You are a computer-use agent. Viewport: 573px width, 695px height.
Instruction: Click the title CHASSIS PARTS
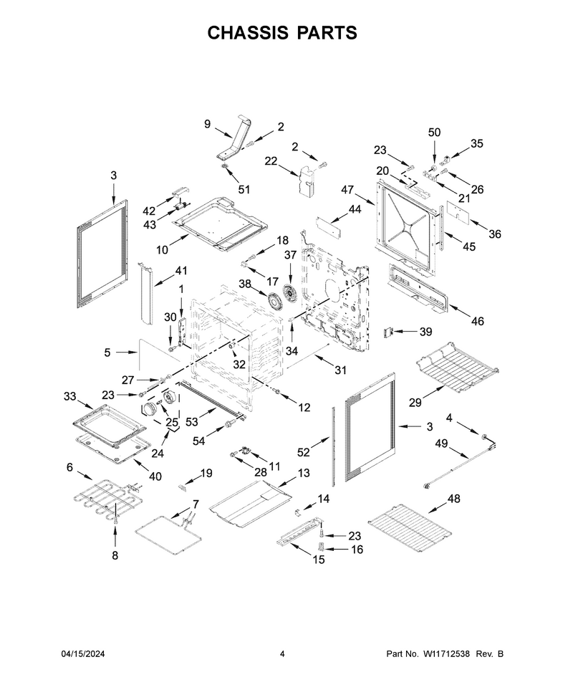click(282, 33)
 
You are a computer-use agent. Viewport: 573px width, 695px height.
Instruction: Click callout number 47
click(347, 190)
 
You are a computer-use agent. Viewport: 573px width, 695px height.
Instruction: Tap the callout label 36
click(494, 234)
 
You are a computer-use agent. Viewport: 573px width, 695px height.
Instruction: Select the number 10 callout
click(162, 250)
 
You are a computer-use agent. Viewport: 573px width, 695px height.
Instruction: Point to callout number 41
click(180, 270)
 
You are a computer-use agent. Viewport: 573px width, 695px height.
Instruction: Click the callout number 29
click(415, 403)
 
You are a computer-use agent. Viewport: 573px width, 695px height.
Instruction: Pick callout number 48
click(454, 499)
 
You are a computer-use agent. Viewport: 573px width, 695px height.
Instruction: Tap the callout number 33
click(70, 396)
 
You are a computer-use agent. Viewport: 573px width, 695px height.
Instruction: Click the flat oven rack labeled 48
click(410, 527)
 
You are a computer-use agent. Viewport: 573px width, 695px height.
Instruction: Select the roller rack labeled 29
click(458, 367)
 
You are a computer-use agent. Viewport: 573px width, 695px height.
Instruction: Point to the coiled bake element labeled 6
click(107, 499)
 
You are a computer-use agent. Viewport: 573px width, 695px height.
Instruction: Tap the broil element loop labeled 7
click(168, 533)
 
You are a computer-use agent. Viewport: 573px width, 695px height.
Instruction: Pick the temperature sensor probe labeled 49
click(461, 461)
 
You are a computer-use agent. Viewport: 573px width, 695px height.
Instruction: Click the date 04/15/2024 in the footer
click(83, 653)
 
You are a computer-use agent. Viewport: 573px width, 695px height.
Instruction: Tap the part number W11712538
click(446, 653)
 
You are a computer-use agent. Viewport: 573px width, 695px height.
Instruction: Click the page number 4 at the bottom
click(282, 653)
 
